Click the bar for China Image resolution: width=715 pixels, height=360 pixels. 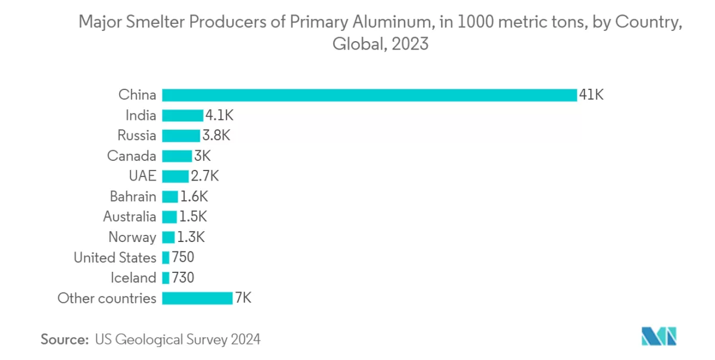coord(369,95)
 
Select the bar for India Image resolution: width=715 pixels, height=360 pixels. coord(182,116)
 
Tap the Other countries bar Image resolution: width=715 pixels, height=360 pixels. coord(197,298)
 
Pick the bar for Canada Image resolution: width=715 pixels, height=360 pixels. coord(177,156)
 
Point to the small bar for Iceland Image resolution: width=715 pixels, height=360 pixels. coord(166,278)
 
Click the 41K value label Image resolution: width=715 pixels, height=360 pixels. coord(592,95)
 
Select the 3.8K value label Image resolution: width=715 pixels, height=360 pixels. coord(216,136)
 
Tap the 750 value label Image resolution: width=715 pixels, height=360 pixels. coord(183,257)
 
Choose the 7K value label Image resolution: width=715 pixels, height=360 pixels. coord(243,298)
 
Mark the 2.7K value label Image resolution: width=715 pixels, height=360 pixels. coord(205,176)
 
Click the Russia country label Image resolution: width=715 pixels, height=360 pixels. coord(136,136)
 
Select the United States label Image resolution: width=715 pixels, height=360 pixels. coord(114,257)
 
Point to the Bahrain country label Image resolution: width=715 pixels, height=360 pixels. coord(133,197)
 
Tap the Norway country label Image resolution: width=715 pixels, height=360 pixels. coord(132,237)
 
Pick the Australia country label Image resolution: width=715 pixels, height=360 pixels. coord(129,217)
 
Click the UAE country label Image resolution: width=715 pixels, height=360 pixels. coord(142,176)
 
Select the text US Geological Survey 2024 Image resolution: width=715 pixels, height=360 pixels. coord(178,340)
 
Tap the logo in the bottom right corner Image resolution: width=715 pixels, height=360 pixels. coord(658,336)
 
